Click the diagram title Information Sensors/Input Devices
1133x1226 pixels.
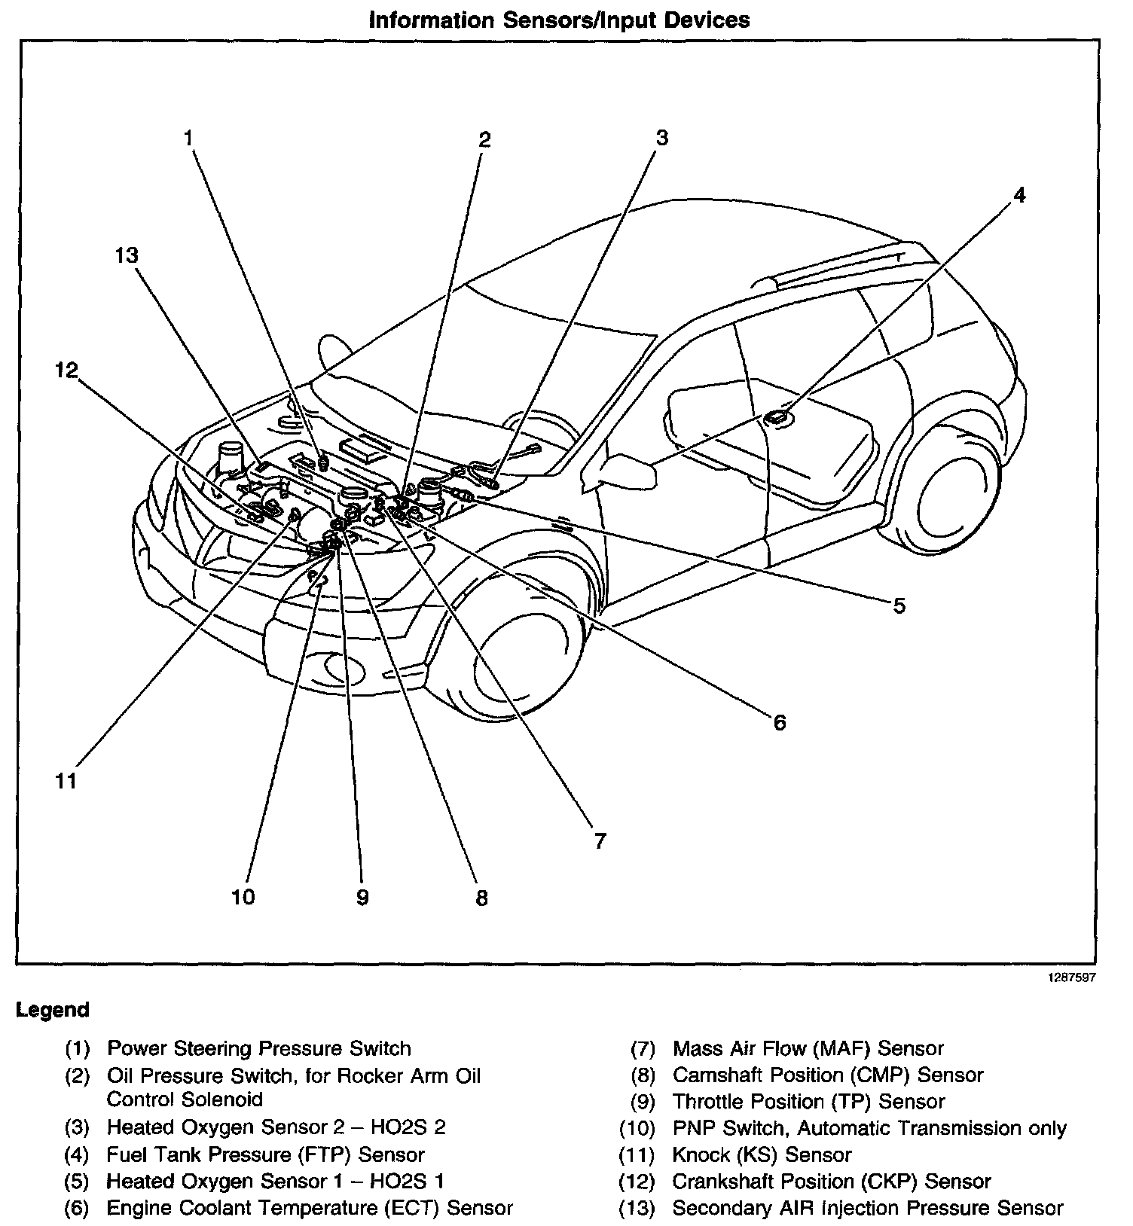coord(559,20)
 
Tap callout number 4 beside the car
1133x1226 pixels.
coord(1018,196)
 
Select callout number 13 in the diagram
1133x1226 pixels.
coord(127,256)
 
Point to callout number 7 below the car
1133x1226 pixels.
coord(600,841)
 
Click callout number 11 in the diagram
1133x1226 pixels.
coord(66,781)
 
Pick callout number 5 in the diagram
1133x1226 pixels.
coord(899,606)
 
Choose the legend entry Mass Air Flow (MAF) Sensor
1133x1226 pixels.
coord(808,1048)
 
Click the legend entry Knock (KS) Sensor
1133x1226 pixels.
coord(762,1154)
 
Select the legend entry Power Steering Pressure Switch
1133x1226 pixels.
coord(259,1048)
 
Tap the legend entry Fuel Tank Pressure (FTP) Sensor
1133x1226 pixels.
coord(265,1154)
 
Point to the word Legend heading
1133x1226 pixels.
coord(53,1010)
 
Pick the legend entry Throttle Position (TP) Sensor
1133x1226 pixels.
coord(808,1101)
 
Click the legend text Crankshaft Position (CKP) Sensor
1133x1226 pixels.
coord(831,1182)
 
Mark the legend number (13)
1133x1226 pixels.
coord(637,1209)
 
